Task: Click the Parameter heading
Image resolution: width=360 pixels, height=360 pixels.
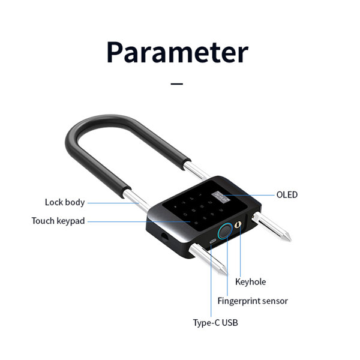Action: [178, 53]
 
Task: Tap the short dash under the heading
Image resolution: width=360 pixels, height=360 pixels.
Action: [177, 84]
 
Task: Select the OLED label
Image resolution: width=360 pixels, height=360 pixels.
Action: [287, 194]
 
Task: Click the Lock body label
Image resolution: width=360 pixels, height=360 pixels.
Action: [65, 203]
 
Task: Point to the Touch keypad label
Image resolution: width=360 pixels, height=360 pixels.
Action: [58, 221]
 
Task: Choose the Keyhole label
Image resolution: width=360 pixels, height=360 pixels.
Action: [250, 282]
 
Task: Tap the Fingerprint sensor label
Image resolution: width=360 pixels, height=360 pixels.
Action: [253, 301]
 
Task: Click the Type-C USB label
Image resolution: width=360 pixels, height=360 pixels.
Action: [215, 323]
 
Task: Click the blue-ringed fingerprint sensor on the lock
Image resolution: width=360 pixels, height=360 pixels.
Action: [225, 231]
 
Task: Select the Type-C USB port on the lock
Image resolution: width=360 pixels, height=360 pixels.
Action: [213, 241]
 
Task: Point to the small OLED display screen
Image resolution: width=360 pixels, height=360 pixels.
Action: [221, 197]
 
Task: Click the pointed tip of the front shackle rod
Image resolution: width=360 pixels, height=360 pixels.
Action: [227, 274]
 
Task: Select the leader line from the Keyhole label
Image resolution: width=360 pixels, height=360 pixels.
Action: [240, 251]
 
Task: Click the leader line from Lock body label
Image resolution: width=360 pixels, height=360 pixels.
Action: [113, 203]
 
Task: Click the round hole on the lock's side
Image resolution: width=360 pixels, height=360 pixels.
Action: [164, 237]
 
